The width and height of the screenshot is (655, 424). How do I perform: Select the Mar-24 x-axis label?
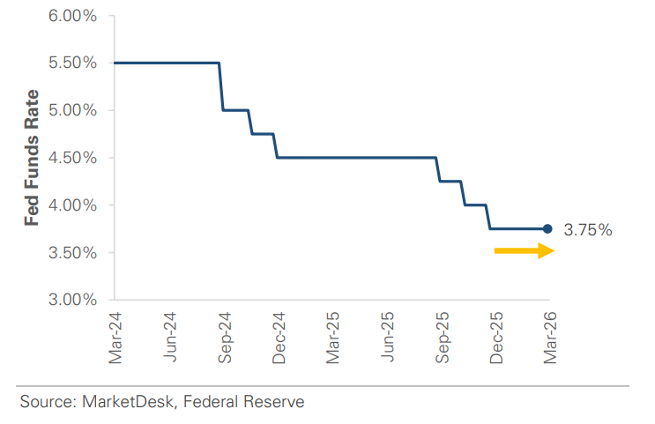(115, 336)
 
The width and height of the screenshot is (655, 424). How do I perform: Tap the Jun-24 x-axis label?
(170, 336)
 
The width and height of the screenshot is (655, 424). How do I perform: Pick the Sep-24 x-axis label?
(224, 336)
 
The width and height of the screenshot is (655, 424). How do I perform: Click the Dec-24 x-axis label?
(279, 336)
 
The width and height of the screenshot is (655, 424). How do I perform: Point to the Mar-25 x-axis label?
(332, 336)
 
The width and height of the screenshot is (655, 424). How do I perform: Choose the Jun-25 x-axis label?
(387, 336)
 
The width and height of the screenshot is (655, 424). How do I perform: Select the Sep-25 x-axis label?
(442, 336)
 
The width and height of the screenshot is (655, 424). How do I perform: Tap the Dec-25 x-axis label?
(495, 336)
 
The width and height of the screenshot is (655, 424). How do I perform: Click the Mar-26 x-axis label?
(549, 336)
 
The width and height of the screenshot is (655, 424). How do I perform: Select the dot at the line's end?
(547, 228)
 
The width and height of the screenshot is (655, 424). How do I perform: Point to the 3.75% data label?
(587, 230)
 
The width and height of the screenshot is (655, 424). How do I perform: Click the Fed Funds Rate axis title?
(32, 157)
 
